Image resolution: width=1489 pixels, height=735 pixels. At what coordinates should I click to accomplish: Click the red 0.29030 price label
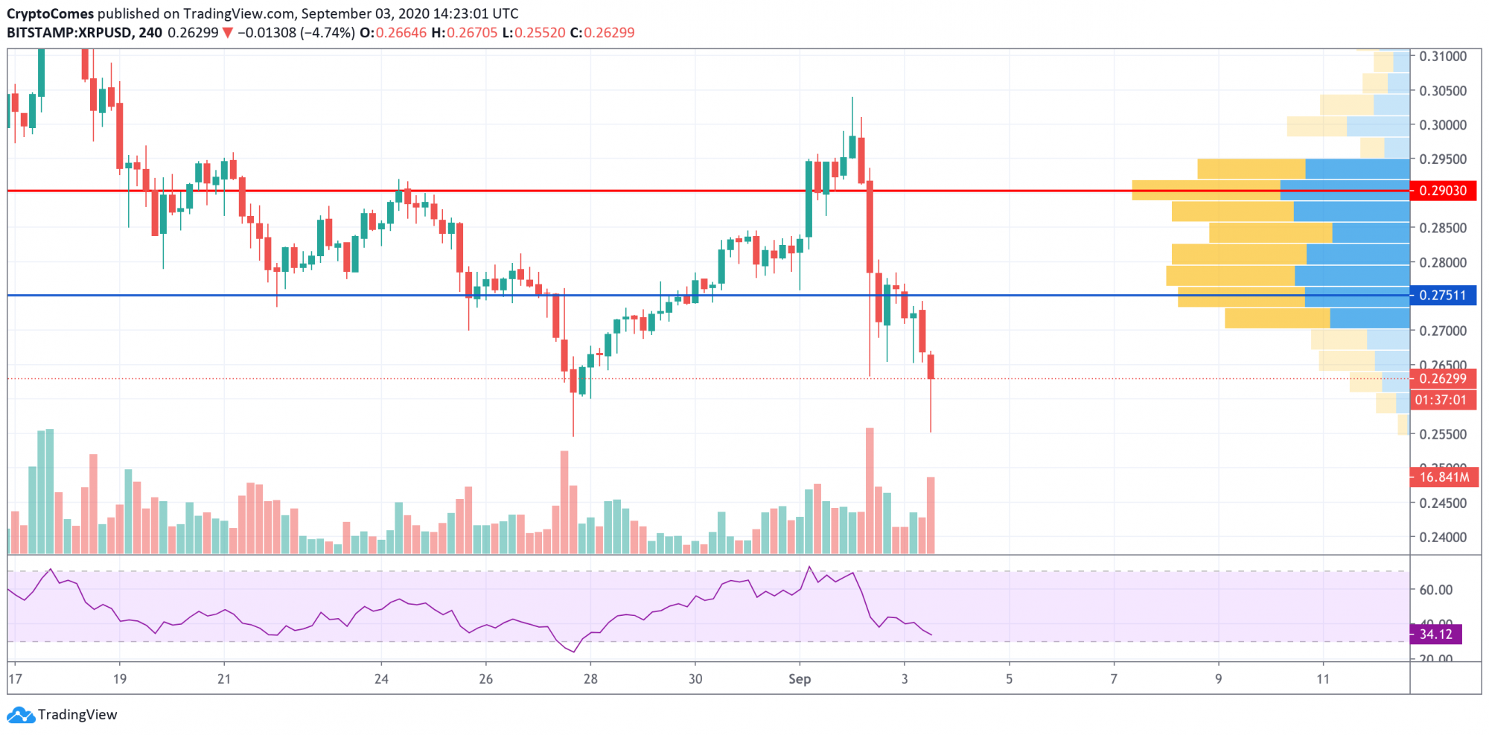pos(1442,191)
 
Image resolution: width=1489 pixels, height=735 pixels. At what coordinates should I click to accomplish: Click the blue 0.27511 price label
pos(1442,295)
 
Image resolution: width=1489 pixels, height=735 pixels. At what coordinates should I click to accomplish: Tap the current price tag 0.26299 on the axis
pos(1442,378)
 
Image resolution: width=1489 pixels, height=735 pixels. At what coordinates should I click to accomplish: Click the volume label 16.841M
pos(1444,477)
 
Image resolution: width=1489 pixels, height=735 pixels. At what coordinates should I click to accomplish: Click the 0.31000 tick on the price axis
pos(1442,57)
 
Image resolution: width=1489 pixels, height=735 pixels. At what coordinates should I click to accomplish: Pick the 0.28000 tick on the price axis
pos(1442,262)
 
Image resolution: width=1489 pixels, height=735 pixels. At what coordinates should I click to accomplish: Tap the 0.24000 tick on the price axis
pos(1442,537)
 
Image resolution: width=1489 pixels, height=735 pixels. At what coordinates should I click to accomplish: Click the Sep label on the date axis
pos(799,679)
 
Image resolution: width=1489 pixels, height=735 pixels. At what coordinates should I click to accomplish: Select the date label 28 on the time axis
pos(590,679)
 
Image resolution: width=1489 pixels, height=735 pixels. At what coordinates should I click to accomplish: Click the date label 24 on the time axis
pos(381,679)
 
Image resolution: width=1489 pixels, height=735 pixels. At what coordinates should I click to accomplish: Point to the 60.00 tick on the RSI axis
pos(1435,590)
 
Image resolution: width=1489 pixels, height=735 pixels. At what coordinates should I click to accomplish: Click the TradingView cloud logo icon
pos(20,715)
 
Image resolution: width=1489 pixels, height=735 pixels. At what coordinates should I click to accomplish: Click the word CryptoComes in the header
pos(51,13)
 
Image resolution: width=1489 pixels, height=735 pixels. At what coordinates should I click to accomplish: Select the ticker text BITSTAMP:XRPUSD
pos(69,33)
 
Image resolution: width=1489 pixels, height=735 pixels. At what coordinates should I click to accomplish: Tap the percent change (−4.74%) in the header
pos(328,33)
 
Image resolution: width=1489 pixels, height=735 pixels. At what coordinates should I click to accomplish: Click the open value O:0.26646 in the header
pos(393,33)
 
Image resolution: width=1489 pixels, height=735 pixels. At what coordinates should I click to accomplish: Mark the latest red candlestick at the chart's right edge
pos(931,366)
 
